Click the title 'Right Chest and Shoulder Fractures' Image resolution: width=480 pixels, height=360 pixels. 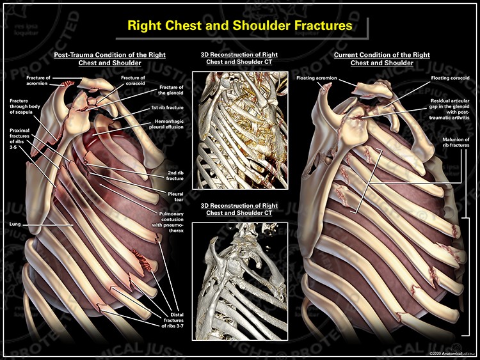(240, 26)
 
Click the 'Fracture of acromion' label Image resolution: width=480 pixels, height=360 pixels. (38, 81)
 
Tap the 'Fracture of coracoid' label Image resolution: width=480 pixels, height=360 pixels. (133, 81)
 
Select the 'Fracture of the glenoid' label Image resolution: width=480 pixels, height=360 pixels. (171, 90)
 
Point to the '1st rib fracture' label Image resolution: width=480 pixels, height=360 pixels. (168, 107)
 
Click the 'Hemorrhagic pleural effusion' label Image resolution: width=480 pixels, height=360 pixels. (166, 124)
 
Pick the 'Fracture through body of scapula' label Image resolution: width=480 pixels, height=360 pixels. (25, 106)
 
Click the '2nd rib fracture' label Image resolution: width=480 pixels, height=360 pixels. (175, 176)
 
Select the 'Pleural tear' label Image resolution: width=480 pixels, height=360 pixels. (175, 197)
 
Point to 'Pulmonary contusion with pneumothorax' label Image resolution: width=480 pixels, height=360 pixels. (168, 222)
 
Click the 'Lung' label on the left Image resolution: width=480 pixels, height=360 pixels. (15, 224)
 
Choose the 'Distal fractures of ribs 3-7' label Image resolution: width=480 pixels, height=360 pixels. (172, 320)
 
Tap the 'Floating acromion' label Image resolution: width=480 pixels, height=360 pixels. (317, 78)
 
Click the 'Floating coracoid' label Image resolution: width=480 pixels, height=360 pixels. (450, 78)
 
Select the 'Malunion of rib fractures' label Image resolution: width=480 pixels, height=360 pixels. (456, 142)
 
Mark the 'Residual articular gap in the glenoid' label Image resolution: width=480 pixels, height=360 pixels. (449, 109)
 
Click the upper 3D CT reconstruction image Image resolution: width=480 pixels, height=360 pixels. (240, 130)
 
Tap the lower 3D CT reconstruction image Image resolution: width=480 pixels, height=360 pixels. (240, 281)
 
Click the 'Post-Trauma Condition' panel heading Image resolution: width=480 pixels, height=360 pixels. (109, 59)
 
